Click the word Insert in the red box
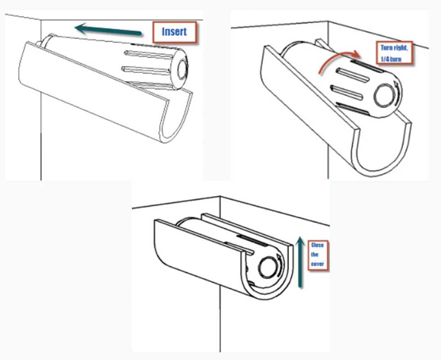pos(174,31)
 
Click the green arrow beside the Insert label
pos(108,30)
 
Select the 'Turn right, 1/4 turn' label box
pos(394,53)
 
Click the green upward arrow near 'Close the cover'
pos(300,262)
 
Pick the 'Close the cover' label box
pos(318,255)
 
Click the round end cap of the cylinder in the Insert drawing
pos(182,69)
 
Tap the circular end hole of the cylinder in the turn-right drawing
pos(385,95)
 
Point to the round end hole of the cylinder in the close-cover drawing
pos(268,267)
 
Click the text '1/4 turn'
pos(391,59)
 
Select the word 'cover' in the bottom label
pos(317,264)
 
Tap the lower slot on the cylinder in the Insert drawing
pos(146,70)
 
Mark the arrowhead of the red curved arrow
pos(355,54)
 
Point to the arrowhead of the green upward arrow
pos(300,241)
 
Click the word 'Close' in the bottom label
pos(317,245)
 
